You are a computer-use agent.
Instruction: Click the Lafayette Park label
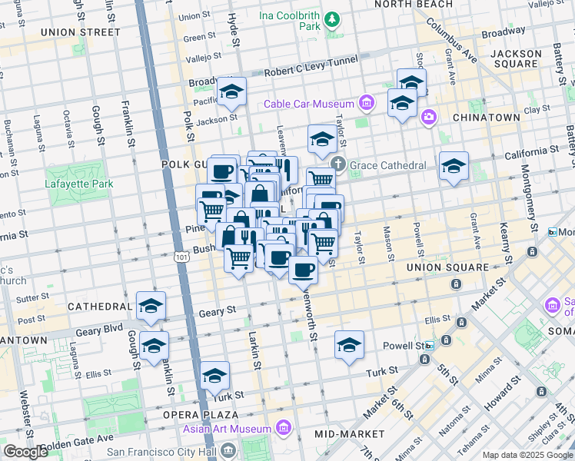(78, 184)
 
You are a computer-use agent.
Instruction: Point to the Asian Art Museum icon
(284, 427)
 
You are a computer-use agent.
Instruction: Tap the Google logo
(26, 452)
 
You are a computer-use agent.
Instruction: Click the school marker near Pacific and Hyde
(231, 93)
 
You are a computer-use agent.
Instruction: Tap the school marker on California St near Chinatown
(454, 166)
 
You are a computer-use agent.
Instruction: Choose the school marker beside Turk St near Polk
(214, 376)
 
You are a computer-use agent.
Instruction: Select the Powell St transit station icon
(430, 346)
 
